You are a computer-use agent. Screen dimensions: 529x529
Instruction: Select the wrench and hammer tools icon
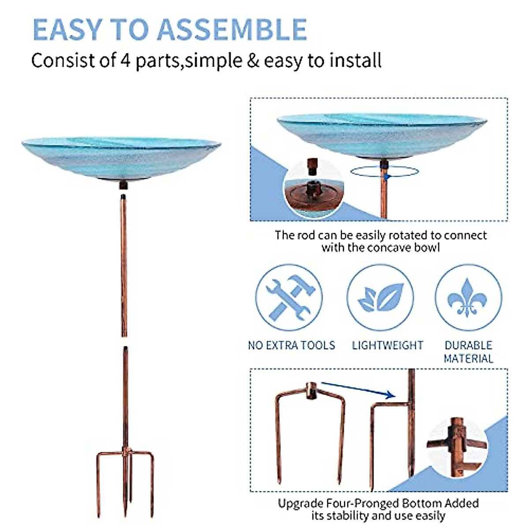pyautogui.click(x=289, y=298)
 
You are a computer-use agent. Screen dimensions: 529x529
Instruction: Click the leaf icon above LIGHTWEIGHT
pyautogui.click(x=380, y=298)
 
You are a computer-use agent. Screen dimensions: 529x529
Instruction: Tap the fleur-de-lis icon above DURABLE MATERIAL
pyautogui.click(x=468, y=298)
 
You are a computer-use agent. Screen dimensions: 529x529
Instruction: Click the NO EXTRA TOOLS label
pyautogui.click(x=291, y=345)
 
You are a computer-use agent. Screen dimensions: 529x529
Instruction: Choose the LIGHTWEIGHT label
pyautogui.click(x=387, y=345)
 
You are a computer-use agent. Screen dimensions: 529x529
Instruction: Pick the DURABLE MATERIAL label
pyautogui.click(x=468, y=352)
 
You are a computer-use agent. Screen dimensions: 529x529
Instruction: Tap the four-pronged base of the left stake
pyautogui.click(x=125, y=476)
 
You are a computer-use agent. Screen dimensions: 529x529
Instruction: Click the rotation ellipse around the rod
pyautogui.click(x=384, y=172)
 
